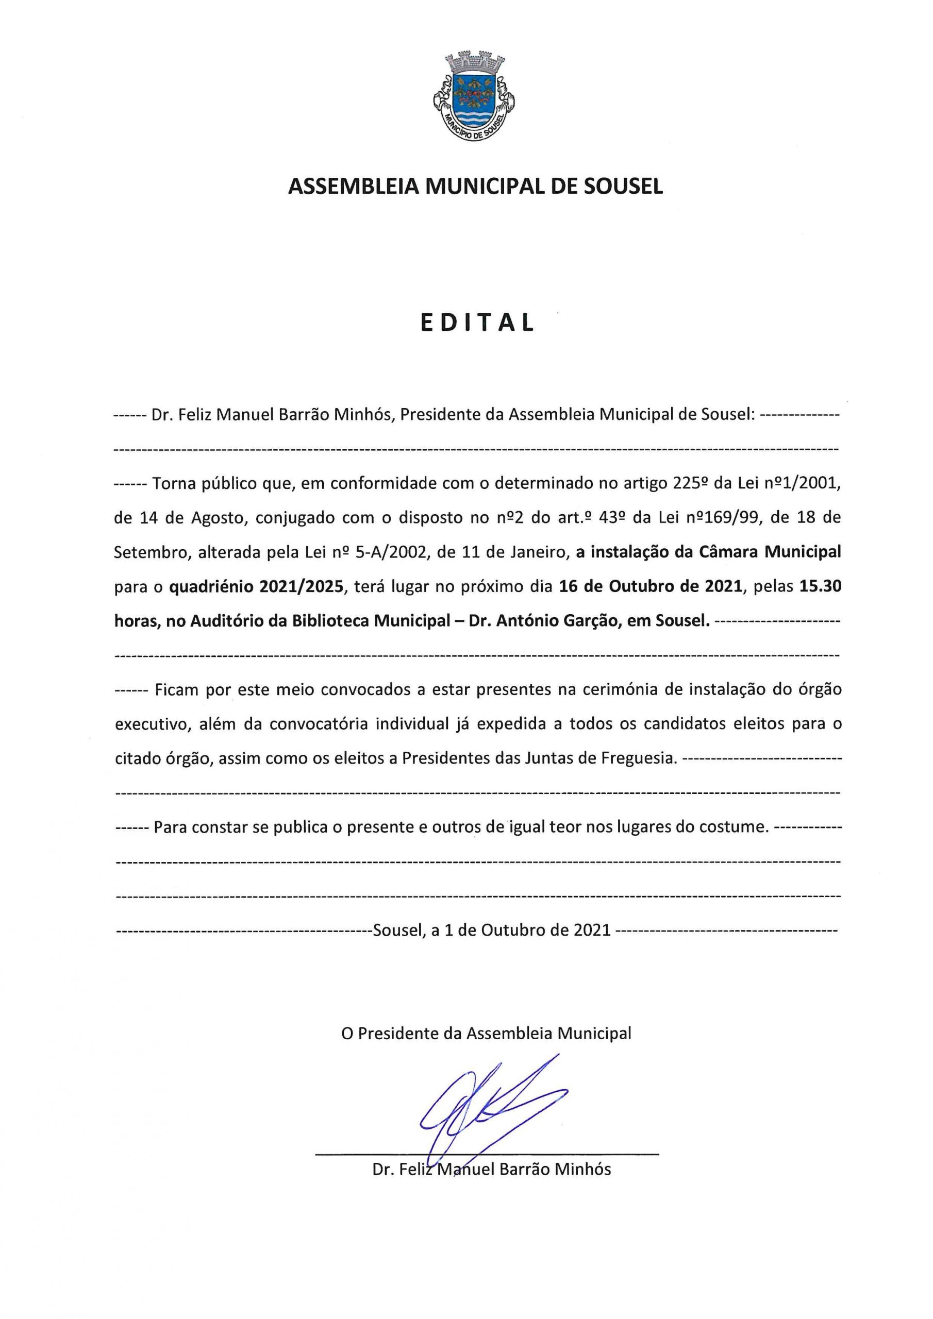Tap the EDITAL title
[477, 324]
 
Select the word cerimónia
[608, 690]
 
